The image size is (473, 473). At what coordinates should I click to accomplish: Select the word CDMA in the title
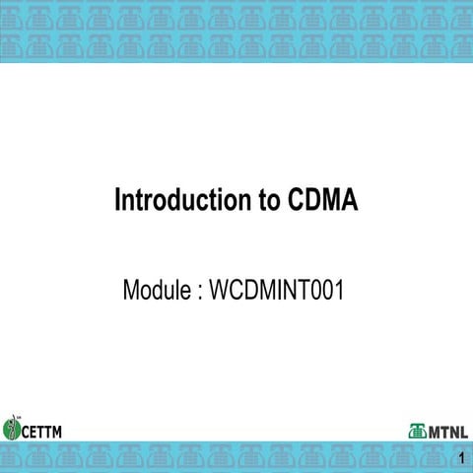click(324, 201)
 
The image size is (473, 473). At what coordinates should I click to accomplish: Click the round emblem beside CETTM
click(12, 428)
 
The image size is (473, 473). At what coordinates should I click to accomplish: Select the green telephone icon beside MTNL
click(417, 431)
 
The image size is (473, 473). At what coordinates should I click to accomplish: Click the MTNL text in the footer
click(448, 431)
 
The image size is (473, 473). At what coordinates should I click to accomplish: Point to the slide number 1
click(460, 458)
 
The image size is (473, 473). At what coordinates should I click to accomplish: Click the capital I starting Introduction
click(118, 201)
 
